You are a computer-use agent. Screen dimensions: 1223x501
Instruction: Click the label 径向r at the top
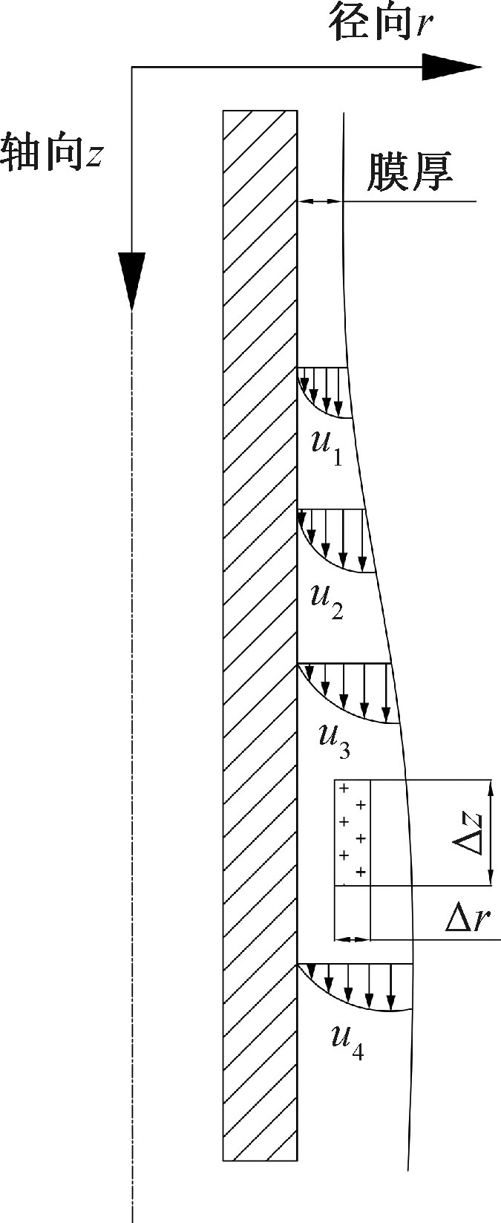tap(380, 27)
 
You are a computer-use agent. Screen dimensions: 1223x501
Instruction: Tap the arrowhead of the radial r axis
tap(451, 68)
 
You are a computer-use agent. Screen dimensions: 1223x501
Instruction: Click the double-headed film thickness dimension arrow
tap(320, 201)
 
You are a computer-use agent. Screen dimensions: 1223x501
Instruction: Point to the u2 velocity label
tap(327, 600)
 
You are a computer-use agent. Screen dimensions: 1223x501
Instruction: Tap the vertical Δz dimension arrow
tap(490, 832)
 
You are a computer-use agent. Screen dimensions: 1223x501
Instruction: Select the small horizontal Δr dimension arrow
tap(353, 939)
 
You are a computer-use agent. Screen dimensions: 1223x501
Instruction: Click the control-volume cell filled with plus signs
tap(353, 832)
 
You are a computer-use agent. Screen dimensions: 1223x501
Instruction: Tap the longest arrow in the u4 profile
tap(391, 988)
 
